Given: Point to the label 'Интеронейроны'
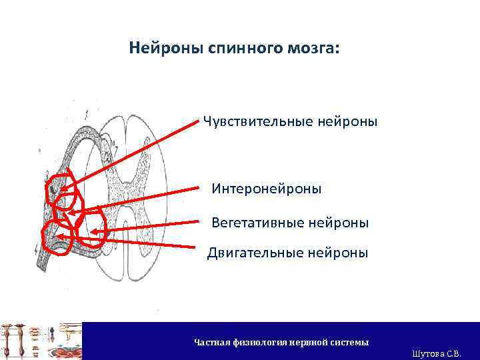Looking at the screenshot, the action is (267, 189).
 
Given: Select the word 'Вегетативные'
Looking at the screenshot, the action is (257, 222).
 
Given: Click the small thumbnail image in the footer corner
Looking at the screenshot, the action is (41, 341).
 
